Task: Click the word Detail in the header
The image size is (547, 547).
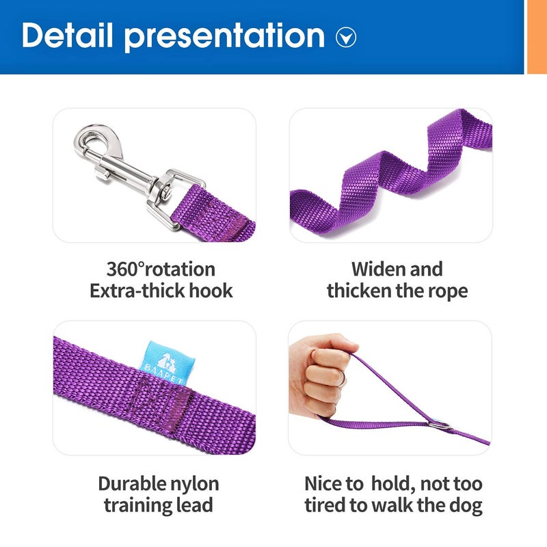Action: click(x=67, y=36)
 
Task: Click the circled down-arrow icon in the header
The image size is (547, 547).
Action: click(x=346, y=38)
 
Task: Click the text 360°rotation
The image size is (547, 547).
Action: click(x=161, y=269)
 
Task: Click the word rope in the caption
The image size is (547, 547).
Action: click(x=446, y=291)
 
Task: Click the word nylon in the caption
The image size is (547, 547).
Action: click(x=196, y=484)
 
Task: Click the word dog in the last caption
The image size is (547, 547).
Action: click(x=466, y=506)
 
